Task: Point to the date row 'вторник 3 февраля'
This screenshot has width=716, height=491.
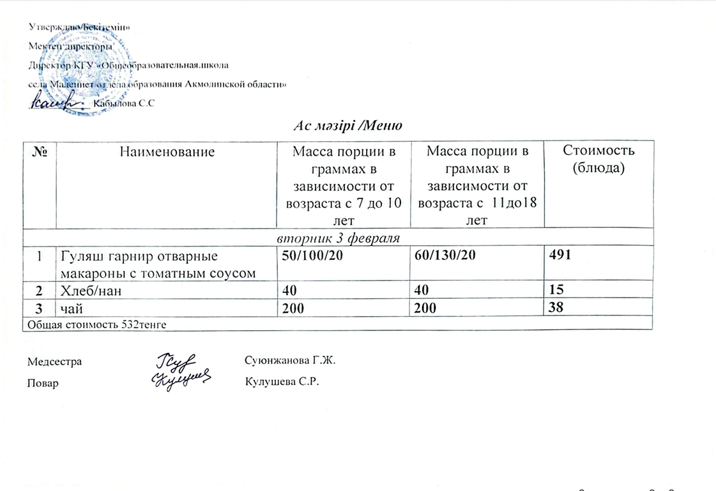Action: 338,238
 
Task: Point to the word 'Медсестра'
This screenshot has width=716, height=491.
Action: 54,362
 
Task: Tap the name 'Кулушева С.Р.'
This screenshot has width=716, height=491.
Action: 281,382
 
